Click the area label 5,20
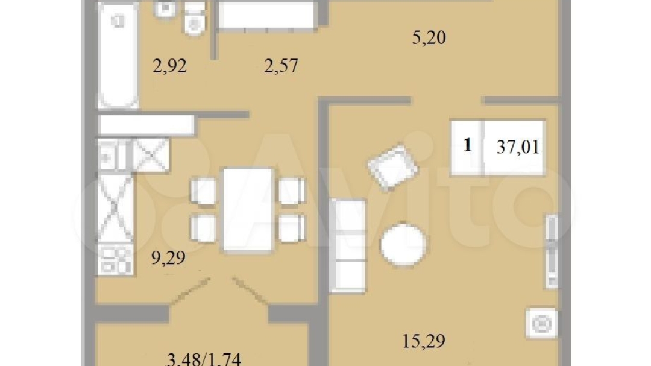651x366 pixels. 429,38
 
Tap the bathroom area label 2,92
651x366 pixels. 169,66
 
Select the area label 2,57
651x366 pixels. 281,66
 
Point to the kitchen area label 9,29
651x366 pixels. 168,259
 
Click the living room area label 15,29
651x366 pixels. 424,341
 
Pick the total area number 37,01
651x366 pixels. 518,147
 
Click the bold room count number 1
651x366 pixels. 468,145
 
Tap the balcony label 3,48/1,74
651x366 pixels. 204,359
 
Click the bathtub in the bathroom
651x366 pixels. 118,55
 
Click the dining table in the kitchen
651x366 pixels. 248,210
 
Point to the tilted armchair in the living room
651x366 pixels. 393,168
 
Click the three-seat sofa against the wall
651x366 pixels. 348,246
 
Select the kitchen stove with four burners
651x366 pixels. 115,260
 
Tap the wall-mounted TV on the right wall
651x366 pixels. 552,251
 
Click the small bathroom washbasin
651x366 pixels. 165,9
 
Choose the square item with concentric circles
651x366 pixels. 541,323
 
